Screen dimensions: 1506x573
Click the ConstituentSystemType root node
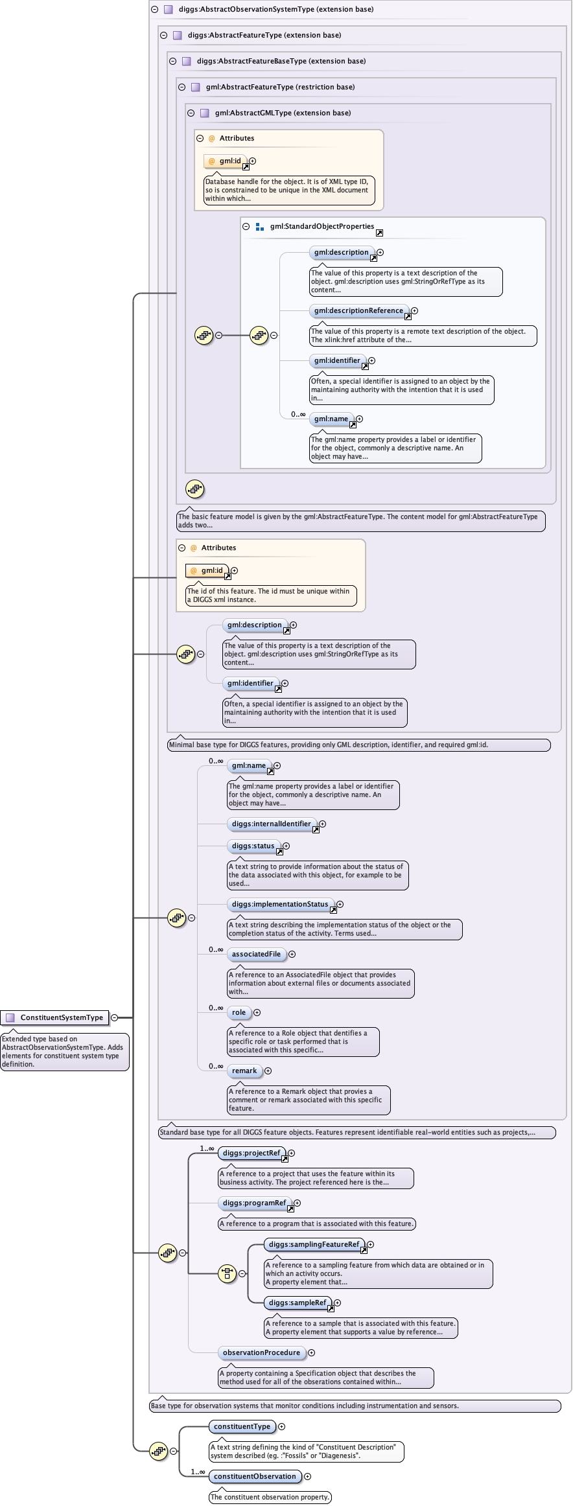62,1017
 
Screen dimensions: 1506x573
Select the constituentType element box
242,1426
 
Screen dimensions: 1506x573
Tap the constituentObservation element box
255,1476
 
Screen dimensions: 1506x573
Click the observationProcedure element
261,1352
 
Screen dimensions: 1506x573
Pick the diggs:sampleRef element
298,1303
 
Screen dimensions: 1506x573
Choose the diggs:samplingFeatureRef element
314,1244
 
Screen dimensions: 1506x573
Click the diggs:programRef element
254,1203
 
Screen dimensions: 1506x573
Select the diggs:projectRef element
251,1153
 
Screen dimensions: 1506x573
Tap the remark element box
244,1071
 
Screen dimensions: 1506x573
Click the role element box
239,1012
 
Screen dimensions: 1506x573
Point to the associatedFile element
256,954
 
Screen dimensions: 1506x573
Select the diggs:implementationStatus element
280,904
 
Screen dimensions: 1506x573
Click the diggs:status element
253,846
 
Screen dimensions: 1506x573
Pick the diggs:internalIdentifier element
271,824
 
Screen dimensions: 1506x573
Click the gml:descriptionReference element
358,310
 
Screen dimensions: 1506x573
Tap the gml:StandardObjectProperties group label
322,226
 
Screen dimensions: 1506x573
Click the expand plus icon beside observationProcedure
311,1352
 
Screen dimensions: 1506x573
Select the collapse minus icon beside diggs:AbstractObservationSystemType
155,9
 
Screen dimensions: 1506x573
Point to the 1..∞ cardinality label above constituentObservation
198,1472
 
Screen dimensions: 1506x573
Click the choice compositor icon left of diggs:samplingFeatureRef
228,1273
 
